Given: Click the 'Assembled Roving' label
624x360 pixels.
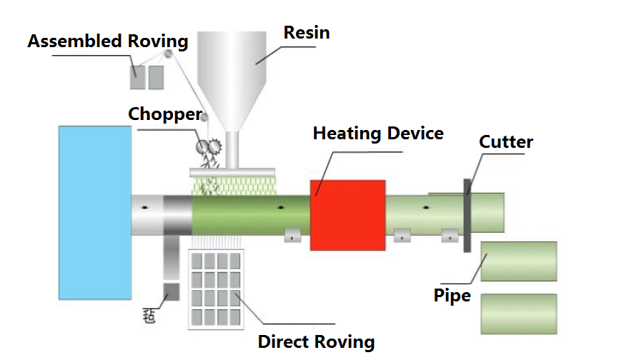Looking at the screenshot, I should pyautogui.click(x=107, y=41).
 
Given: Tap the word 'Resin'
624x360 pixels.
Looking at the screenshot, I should pyautogui.click(x=307, y=33).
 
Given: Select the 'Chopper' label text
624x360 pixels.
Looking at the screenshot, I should pyautogui.click(x=164, y=114).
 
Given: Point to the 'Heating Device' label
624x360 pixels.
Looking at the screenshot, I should pyautogui.click(x=378, y=134).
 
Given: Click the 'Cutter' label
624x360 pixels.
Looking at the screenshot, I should pyautogui.click(x=505, y=142).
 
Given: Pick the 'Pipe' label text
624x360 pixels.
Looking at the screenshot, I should pyautogui.click(x=452, y=295).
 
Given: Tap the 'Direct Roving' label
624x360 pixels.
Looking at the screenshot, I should pyautogui.click(x=316, y=341).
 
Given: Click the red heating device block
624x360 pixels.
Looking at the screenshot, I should pyautogui.click(x=347, y=214).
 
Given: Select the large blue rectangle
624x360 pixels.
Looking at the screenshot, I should pyautogui.click(x=95, y=212).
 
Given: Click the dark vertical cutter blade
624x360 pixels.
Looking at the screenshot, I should pyautogui.click(x=467, y=214).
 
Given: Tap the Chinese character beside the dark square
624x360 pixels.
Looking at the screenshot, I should pyautogui.click(x=149, y=314).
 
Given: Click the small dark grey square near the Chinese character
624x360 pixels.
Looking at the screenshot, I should pyautogui.click(x=171, y=291).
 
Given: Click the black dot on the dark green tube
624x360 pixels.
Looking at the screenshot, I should pyautogui.click(x=281, y=209).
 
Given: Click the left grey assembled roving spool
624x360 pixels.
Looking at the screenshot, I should pyautogui.click(x=137, y=78).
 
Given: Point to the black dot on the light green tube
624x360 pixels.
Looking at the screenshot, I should pyautogui.click(x=426, y=209).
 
